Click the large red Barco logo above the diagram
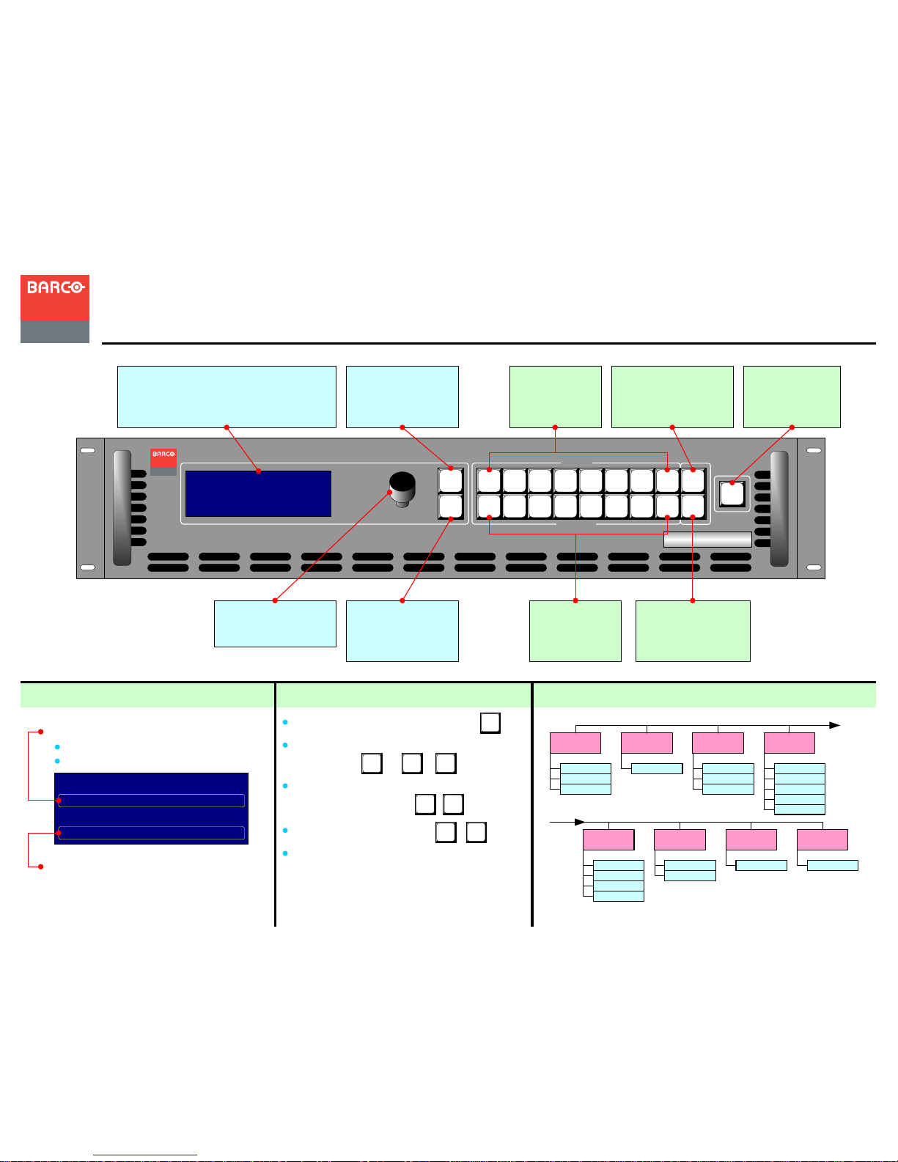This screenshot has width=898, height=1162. (x=54, y=309)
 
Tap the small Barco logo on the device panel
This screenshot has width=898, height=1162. (x=163, y=462)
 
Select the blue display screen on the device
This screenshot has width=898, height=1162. (x=258, y=493)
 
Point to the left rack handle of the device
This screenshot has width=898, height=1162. (x=122, y=508)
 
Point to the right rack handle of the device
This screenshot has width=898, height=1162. (x=779, y=509)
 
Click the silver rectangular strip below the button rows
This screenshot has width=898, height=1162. (x=707, y=540)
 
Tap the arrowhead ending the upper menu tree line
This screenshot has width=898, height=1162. (x=834, y=725)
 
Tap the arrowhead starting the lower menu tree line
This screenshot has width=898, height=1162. (x=579, y=822)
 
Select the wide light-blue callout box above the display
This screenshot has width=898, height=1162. (x=227, y=397)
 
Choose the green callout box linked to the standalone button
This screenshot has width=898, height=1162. (x=792, y=397)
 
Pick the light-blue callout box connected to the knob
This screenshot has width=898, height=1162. (x=275, y=623)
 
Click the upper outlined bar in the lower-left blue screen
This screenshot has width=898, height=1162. (x=151, y=801)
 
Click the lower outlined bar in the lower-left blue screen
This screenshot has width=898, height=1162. (x=151, y=833)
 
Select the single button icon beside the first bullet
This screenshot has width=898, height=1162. (x=490, y=723)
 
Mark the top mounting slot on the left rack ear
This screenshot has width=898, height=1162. (x=88, y=450)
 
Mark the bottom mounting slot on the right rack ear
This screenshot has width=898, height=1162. (x=814, y=567)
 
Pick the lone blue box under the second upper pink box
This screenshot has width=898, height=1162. (x=657, y=768)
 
